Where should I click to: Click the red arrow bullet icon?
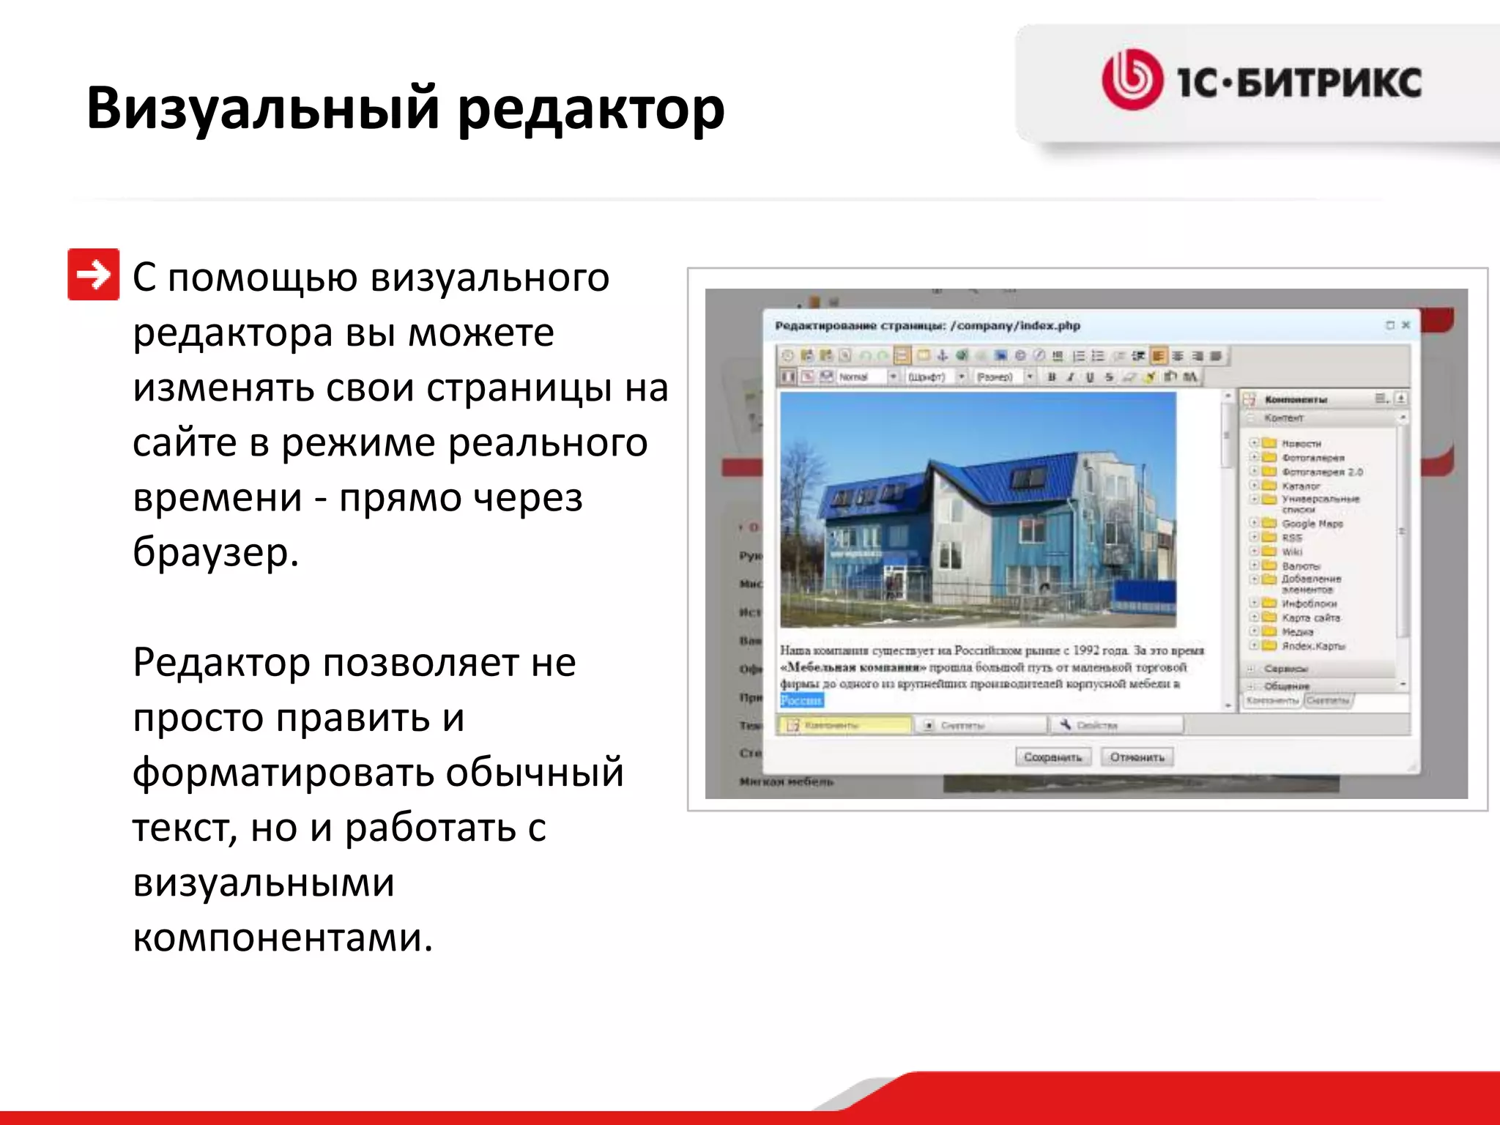[x=93, y=275]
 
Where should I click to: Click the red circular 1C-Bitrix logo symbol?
[x=1132, y=80]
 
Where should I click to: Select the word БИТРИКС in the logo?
[x=1329, y=82]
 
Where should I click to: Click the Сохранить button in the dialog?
[x=1052, y=757]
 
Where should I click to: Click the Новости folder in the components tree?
[x=1300, y=443]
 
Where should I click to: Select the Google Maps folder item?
[x=1311, y=524]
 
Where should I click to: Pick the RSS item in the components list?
[x=1291, y=538]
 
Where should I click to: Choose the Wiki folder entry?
[x=1291, y=552]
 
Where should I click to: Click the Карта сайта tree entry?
[x=1310, y=617]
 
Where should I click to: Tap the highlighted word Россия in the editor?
[x=801, y=700]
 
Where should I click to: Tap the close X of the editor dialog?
[x=1406, y=324]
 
